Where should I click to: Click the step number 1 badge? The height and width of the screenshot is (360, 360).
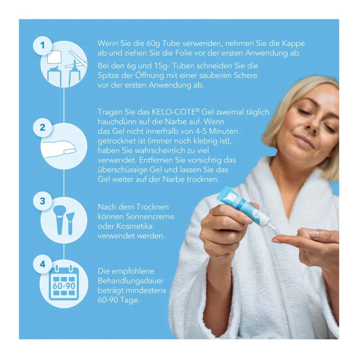(42, 45)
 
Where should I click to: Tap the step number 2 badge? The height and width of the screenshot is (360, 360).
(42, 127)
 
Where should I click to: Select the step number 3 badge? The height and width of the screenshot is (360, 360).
(42, 201)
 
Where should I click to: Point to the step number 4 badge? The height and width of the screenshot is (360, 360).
(42, 264)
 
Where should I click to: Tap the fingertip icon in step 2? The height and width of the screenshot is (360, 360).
(59, 149)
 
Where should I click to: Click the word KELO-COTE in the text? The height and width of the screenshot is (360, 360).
(174, 112)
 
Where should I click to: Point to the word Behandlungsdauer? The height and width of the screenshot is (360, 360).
(131, 281)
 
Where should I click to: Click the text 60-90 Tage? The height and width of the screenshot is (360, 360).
(119, 300)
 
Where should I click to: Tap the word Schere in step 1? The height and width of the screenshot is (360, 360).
(246, 75)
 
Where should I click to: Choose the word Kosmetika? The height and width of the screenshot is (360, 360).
(134, 226)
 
